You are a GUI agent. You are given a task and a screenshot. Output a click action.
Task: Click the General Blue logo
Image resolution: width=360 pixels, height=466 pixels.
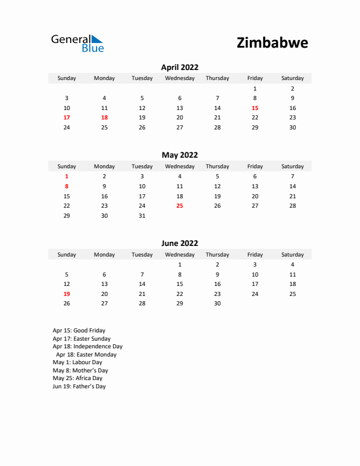pyautogui.click(x=77, y=43)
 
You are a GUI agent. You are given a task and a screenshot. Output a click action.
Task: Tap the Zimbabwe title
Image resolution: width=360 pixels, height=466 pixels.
pyautogui.click(x=272, y=43)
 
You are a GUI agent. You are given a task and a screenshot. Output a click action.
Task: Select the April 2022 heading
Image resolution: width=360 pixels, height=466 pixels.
pyautogui.click(x=179, y=67)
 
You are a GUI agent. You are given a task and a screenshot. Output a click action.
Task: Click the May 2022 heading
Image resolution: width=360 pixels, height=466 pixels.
pyautogui.click(x=179, y=155)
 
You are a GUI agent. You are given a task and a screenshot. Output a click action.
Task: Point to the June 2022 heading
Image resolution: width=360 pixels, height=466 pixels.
pyautogui.click(x=179, y=243)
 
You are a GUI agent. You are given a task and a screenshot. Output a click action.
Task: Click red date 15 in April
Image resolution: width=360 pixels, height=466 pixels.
pyautogui.click(x=255, y=108)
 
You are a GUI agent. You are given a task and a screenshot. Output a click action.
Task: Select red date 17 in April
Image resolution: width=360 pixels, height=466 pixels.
pyautogui.click(x=66, y=118)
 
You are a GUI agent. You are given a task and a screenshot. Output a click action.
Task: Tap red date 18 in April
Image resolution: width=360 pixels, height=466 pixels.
pyautogui.click(x=104, y=118)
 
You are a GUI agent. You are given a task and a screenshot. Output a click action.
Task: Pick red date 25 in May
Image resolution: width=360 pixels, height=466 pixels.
pyautogui.click(x=179, y=206)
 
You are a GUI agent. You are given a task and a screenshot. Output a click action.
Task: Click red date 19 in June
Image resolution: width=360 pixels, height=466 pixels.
pyautogui.click(x=66, y=294)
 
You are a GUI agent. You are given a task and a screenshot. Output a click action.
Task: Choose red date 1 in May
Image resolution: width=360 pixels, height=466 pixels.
pyautogui.click(x=66, y=176)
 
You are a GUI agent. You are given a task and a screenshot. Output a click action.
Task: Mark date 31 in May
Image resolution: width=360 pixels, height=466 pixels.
pyautogui.click(x=142, y=216)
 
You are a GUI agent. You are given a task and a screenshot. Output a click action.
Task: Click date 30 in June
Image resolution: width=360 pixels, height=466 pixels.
pyautogui.click(x=217, y=304)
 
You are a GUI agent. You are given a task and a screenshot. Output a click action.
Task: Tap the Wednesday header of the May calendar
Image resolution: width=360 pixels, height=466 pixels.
pyautogui.click(x=179, y=167)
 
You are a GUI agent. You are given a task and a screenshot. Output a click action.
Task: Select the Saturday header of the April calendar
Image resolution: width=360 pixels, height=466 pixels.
pyautogui.click(x=292, y=78)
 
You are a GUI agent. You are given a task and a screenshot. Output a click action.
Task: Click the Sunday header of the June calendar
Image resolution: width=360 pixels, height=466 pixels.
pyautogui.click(x=66, y=255)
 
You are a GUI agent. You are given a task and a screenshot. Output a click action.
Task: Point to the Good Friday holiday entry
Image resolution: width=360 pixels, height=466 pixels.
pyautogui.click(x=79, y=331)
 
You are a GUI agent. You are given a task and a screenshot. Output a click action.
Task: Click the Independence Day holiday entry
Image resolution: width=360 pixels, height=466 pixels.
pyautogui.click(x=87, y=347)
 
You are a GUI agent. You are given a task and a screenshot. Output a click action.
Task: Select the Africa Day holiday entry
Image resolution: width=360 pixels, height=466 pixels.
pyautogui.click(x=77, y=378)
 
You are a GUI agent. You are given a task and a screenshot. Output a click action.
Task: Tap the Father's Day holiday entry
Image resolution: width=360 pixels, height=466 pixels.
pyautogui.click(x=79, y=387)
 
